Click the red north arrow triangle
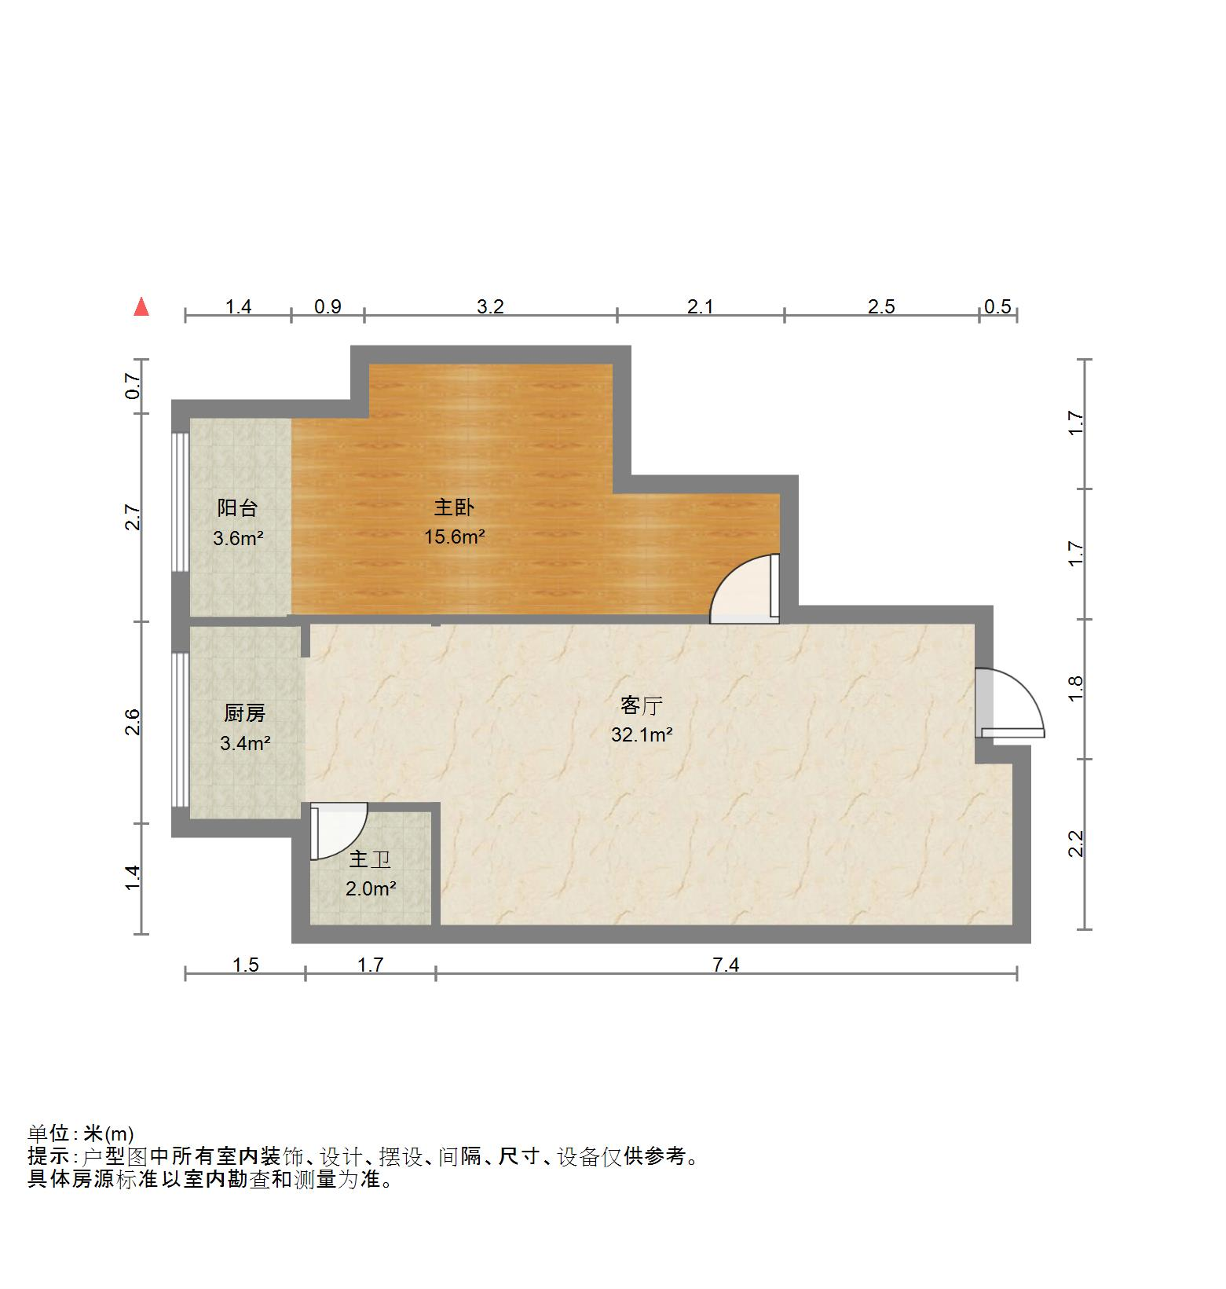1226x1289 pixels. pyautogui.click(x=141, y=306)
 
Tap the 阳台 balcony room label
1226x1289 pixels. pyautogui.click(x=237, y=508)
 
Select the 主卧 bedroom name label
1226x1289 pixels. pyautogui.click(x=454, y=507)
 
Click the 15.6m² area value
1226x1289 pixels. pyautogui.click(x=454, y=537)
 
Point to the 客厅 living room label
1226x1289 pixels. pyautogui.click(x=641, y=705)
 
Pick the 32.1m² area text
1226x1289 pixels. pyautogui.click(x=641, y=735)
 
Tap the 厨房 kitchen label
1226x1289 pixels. pyautogui.click(x=244, y=713)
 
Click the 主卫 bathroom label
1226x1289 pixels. pyautogui.click(x=370, y=860)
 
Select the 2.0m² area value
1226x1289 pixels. pyautogui.click(x=370, y=889)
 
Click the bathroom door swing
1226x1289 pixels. pyautogui.click(x=338, y=830)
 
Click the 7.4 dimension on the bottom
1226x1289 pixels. pyautogui.click(x=726, y=965)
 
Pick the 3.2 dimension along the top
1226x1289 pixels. pyautogui.click(x=490, y=306)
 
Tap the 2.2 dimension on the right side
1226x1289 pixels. pyautogui.click(x=1076, y=844)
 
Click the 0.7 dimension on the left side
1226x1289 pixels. pyautogui.click(x=134, y=386)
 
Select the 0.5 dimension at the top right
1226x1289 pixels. pyautogui.click(x=997, y=306)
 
